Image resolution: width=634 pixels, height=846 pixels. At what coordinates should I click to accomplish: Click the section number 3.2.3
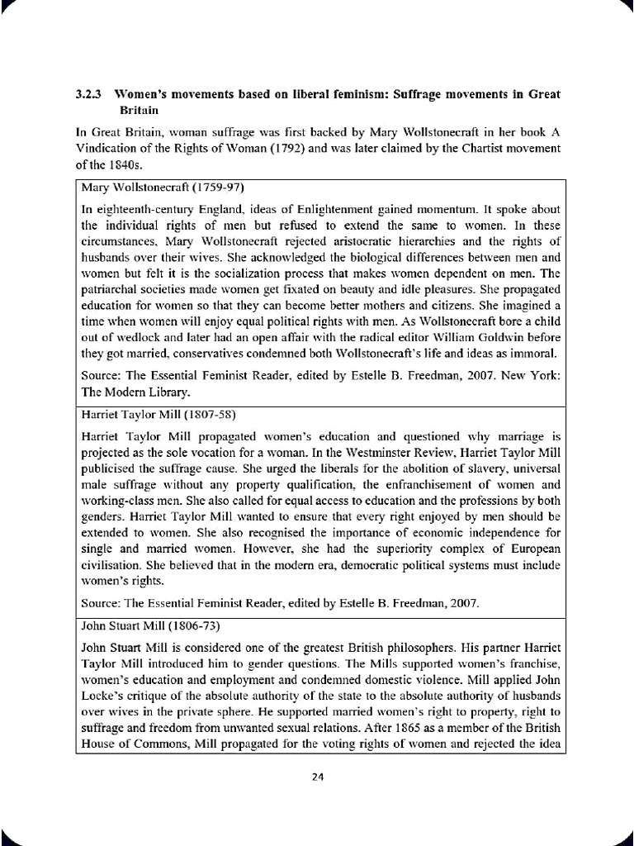pyautogui.click(x=88, y=94)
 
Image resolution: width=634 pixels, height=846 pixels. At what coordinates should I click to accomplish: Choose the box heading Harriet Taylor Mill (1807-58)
pyautogui.click(x=144, y=414)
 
